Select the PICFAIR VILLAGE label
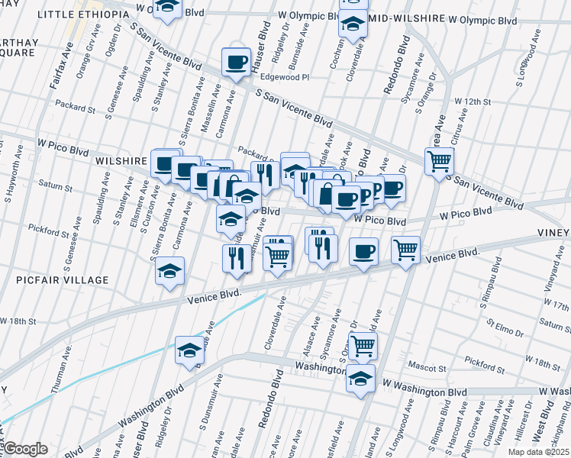(x=63, y=280)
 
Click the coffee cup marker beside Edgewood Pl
(x=236, y=61)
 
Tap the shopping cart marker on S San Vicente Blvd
(x=440, y=161)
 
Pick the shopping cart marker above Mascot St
(x=363, y=344)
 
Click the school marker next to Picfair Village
(x=169, y=272)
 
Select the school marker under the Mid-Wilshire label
(x=353, y=26)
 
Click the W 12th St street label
(x=471, y=101)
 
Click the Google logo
(x=25, y=449)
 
